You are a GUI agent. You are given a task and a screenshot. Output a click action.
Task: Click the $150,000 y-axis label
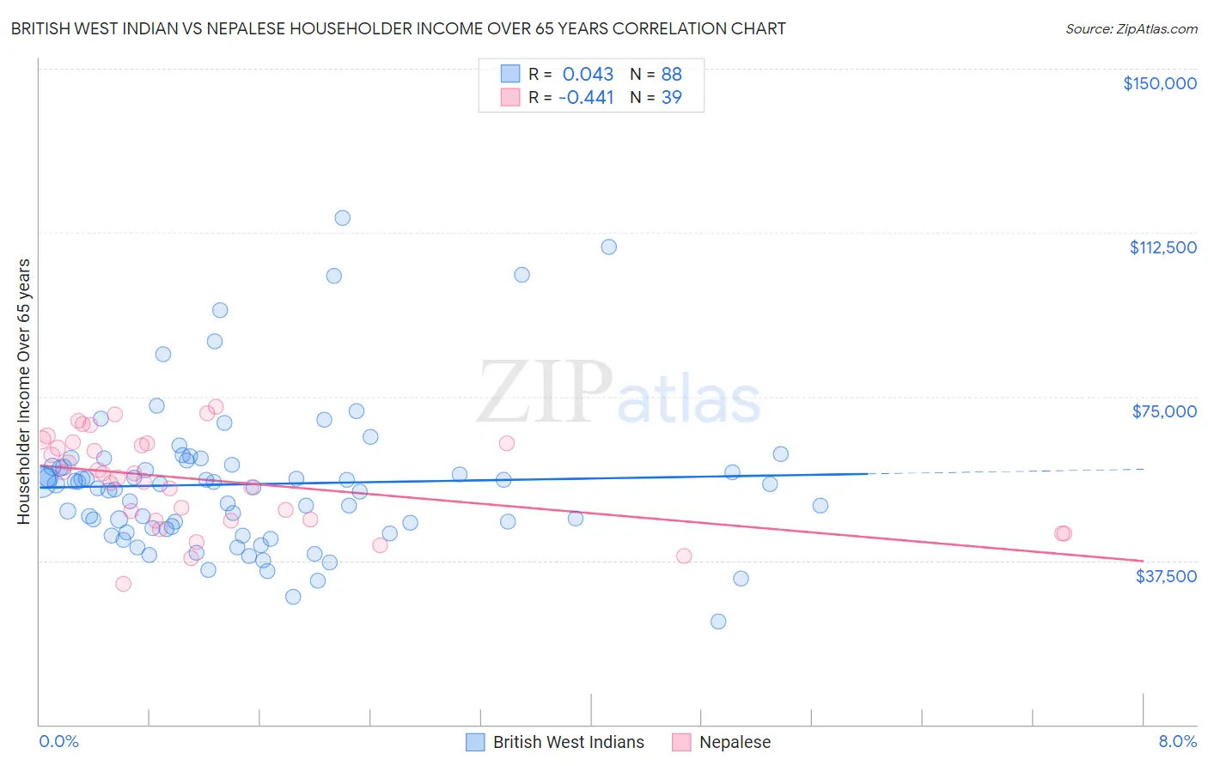tap(1159, 83)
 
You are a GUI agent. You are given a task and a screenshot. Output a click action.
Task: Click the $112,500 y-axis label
tap(1162, 247)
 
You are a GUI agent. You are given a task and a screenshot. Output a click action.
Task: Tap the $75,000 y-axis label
tap(1164, 411)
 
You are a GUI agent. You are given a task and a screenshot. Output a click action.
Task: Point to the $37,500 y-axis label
tap(1166, 576)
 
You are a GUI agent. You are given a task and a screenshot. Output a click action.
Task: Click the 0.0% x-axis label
tap(58, 741)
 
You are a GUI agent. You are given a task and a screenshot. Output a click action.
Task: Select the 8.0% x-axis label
tap(1177, 741)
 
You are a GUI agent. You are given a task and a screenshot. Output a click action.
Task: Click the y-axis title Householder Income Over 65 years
tap(24, 391)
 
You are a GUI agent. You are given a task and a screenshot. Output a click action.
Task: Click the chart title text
tap(398, 28)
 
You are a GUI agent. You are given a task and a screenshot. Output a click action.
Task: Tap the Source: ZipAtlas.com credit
tap(1131, 28)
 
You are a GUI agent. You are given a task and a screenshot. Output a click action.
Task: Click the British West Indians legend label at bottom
tap(568, 742)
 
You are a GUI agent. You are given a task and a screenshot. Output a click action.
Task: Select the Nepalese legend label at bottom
tap(735, 742)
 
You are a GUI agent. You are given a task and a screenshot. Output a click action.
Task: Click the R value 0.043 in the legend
tap(588, 74)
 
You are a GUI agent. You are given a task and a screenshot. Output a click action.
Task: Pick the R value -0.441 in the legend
tap(586, 97)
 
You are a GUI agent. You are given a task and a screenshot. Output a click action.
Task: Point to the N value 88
tap(671, 74)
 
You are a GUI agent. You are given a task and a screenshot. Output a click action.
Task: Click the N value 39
tap(671, 97)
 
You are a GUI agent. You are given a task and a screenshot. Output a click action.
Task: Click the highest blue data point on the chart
tap(342, 218)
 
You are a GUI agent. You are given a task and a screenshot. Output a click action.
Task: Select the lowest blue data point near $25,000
tap(718, 621)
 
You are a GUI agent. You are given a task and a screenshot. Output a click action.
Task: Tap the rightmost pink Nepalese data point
tap(1063, 533)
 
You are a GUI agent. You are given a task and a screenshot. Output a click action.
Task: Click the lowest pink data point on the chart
tap(123, 584)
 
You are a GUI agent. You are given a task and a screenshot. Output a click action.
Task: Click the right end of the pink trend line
tap(1143, 561)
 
